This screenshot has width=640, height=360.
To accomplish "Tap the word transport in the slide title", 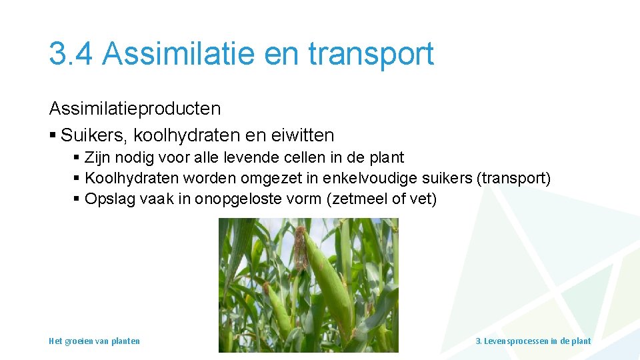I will point(371,54).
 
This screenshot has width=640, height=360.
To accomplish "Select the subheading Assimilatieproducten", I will point(135,108).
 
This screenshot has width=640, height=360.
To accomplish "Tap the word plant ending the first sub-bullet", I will point(389,158).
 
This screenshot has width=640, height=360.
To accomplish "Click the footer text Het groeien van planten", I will point(94,341).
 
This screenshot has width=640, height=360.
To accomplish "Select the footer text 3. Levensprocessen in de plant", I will point(533,341).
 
